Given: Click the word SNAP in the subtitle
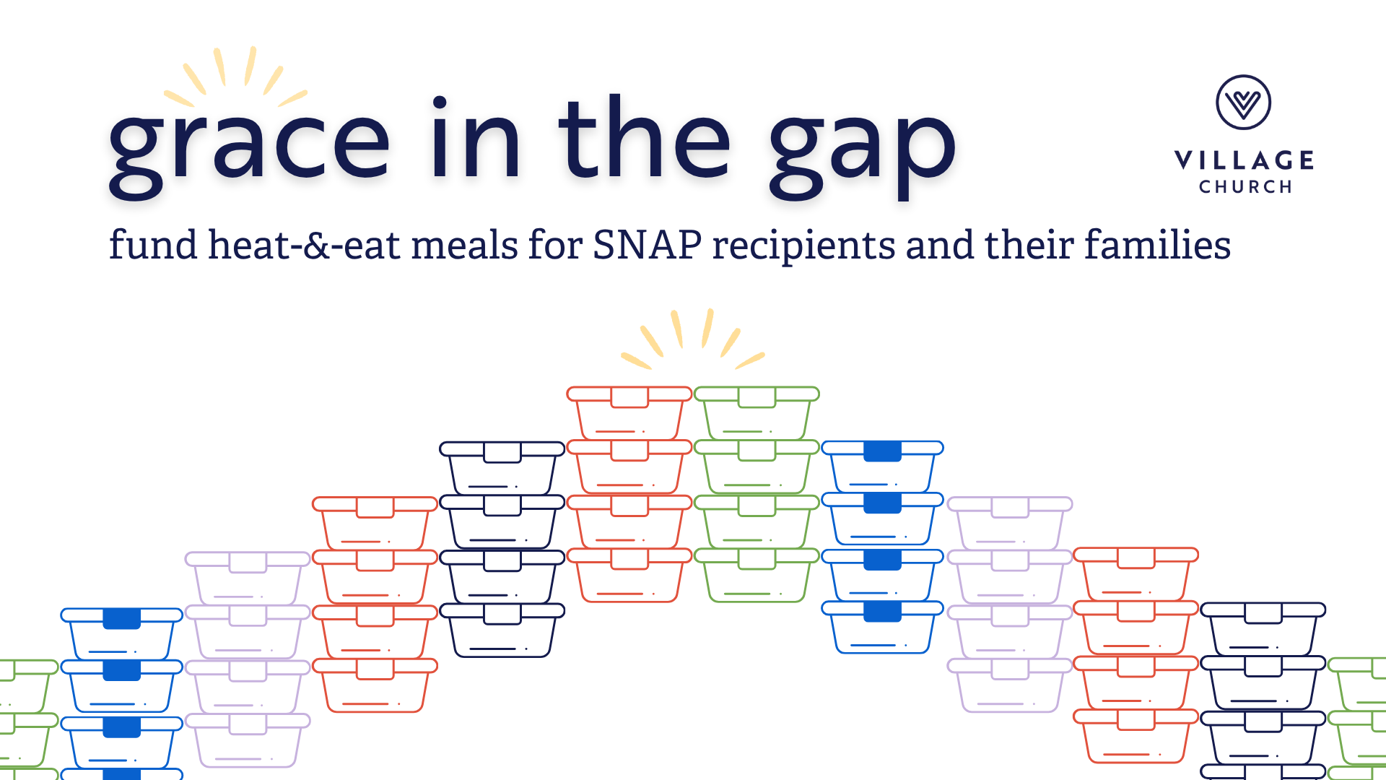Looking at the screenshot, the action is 647,245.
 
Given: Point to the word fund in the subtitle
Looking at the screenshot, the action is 153,244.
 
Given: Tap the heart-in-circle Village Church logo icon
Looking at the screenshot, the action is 1243,103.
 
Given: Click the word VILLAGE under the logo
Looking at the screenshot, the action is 1245,160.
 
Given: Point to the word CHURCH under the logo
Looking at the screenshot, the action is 1245,187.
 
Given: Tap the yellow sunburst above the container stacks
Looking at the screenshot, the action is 693,339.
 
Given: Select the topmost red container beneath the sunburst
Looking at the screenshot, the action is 629,413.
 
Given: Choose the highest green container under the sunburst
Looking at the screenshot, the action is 757,413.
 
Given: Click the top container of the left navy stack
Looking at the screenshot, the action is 502,468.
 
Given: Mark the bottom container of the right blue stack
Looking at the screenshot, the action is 882,628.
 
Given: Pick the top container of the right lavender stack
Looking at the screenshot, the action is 1009,524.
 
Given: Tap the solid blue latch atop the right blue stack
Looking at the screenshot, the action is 882,451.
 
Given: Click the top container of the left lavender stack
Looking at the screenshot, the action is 248,578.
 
